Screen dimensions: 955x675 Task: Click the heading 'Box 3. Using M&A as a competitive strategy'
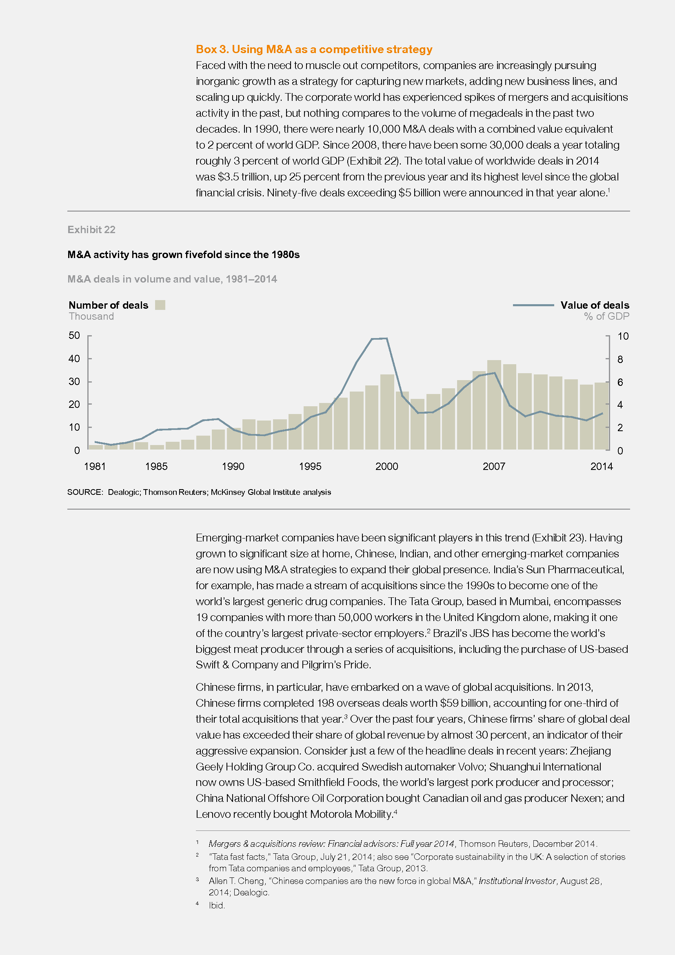[314, 49]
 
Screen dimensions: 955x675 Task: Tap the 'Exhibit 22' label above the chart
[91, 229]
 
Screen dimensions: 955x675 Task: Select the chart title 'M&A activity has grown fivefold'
[183, 254]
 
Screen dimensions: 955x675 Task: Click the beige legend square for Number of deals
[160, 305]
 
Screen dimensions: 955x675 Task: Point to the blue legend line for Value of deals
[533, 305]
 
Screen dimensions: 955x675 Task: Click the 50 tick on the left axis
[74, 335]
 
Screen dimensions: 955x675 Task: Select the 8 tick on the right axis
[620, 359]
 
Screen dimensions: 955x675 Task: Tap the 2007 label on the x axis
[494, 466]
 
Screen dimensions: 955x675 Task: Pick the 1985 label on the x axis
[156, 466]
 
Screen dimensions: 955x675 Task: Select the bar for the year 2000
[387, 412]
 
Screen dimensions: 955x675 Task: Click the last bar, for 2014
[602, 416]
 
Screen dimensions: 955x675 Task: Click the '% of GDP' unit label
[606, 316]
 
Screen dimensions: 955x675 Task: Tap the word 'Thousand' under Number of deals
[91, 316]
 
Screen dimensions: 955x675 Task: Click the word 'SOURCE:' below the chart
[85, 492]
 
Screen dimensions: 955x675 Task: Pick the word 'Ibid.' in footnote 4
[217, 906]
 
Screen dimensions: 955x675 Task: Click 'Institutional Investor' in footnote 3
[517, 881]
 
